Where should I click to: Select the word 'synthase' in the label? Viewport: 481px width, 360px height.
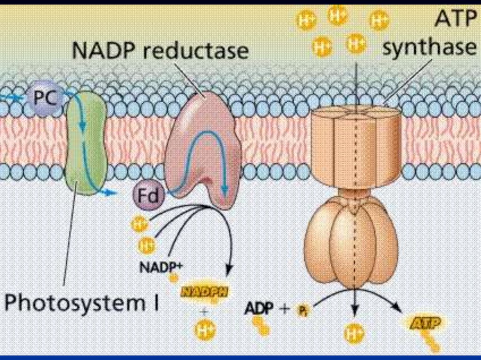(x=428, y=47)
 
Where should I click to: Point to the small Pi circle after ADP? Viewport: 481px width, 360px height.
(x=301, y=310)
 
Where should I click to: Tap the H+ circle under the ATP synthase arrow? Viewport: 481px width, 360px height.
(x=355, y=334)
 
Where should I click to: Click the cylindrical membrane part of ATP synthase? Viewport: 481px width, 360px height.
(x=356, y=146)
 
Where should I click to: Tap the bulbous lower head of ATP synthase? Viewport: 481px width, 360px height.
(x=350, y=239)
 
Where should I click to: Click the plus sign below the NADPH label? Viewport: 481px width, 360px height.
(x=204, y=311)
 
